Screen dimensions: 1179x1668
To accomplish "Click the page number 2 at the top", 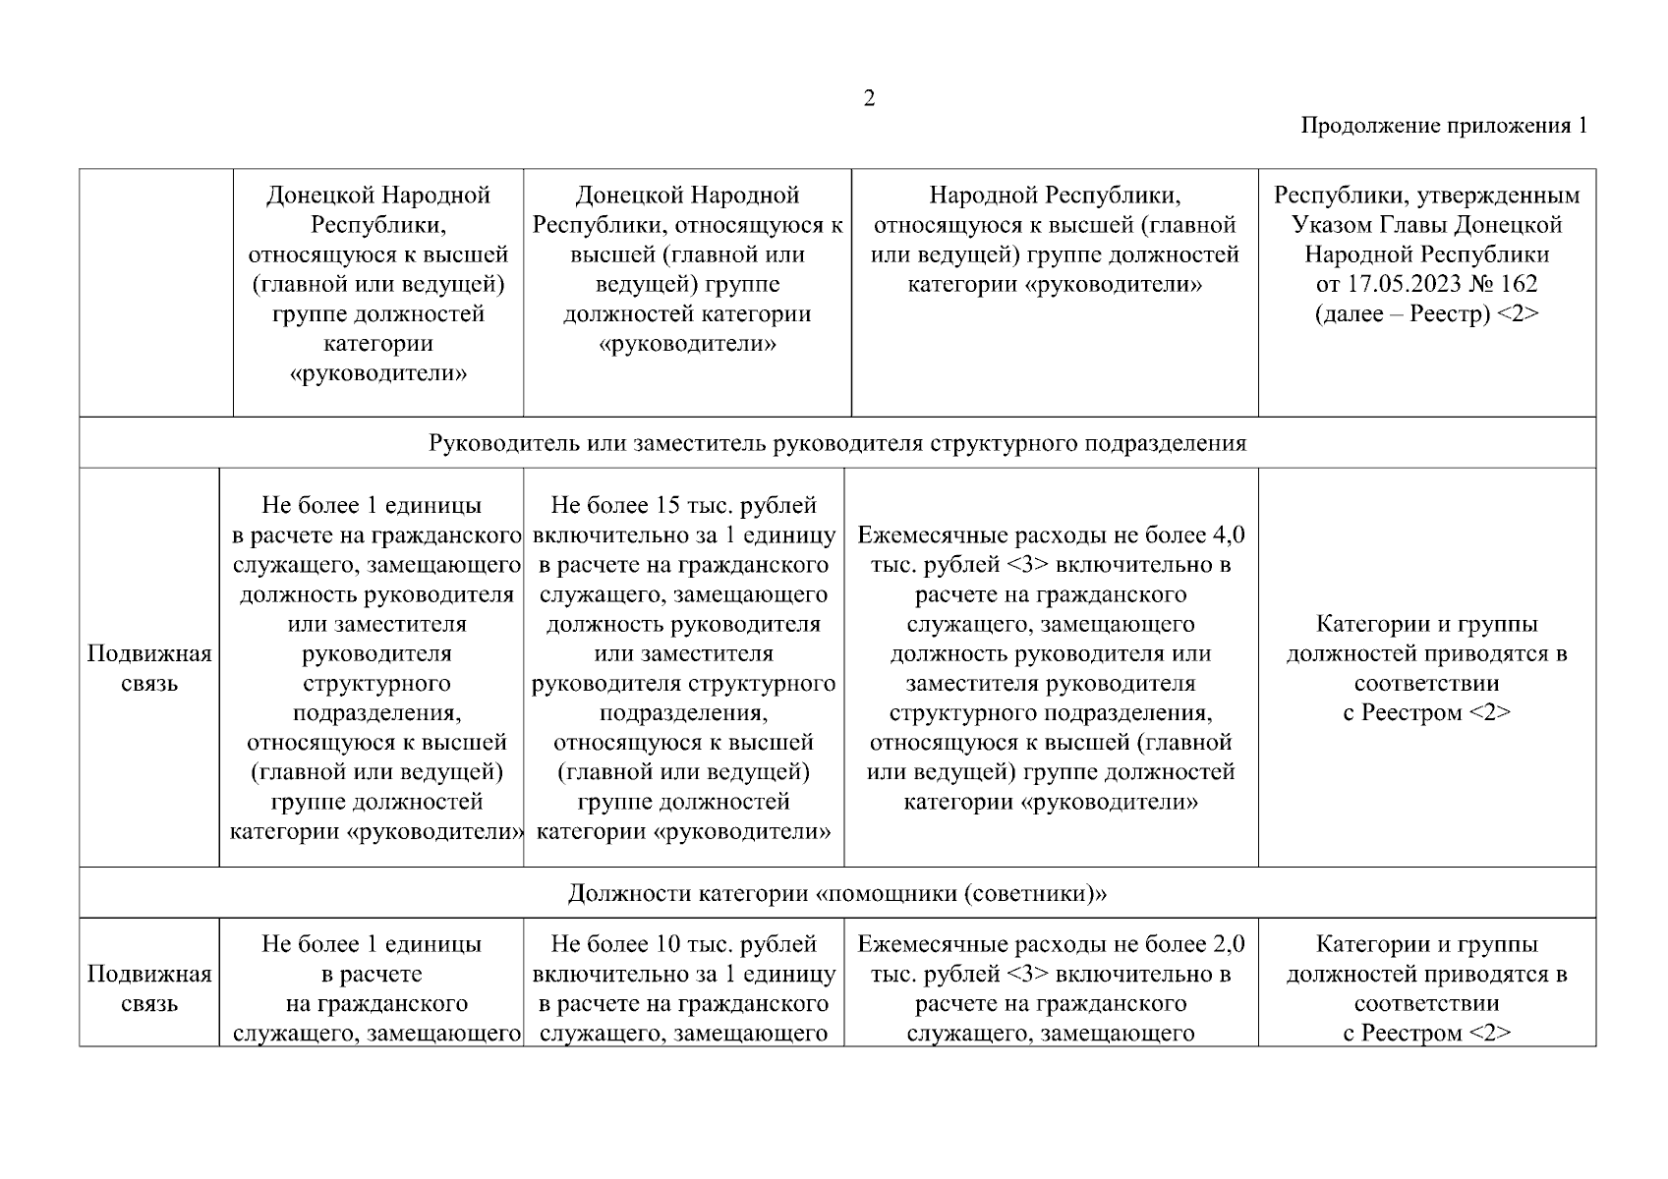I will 868,98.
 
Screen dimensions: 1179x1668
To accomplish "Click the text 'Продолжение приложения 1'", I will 1443,126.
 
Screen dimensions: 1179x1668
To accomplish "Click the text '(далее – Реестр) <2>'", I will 1426,314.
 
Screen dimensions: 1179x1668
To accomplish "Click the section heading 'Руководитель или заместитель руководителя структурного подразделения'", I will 836,443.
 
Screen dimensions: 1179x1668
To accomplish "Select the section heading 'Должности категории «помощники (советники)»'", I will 836,894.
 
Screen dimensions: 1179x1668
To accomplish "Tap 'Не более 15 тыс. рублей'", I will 683,506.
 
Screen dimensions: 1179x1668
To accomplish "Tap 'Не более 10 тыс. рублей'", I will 683,944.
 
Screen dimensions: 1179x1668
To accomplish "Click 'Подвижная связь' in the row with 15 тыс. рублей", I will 149,668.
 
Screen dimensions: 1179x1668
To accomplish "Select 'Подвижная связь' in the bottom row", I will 149,988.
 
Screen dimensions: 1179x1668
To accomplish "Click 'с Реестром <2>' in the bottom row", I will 1426,1034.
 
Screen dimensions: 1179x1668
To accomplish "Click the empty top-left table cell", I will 155,292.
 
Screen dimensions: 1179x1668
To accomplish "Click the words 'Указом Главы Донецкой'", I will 1426,225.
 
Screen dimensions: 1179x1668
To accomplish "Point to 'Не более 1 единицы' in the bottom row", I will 371,944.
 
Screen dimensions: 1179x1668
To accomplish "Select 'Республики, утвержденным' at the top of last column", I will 1426,196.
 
